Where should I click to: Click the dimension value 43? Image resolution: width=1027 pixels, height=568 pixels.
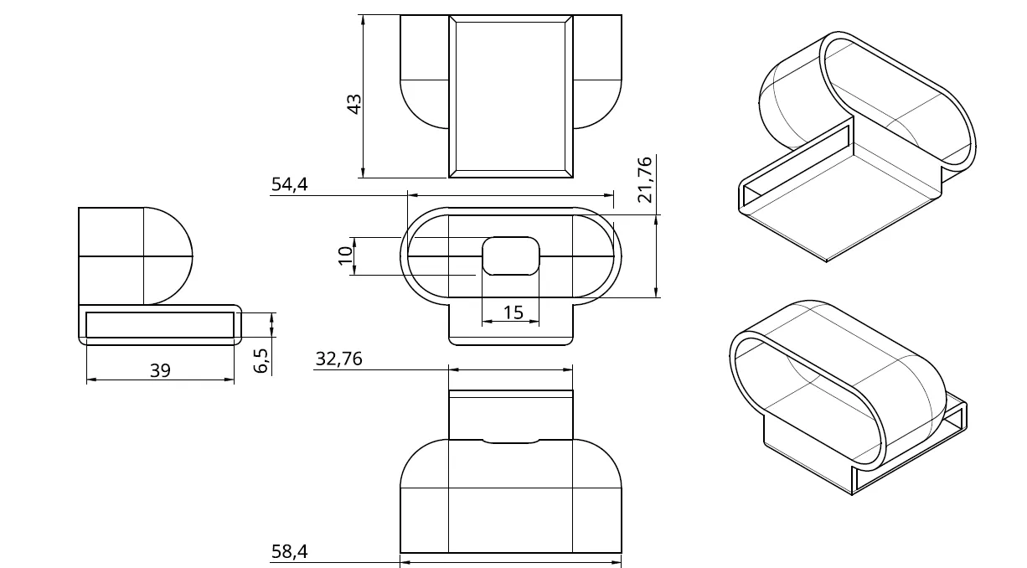coord(354,104)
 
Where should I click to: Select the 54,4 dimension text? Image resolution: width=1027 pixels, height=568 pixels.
coord(290,185)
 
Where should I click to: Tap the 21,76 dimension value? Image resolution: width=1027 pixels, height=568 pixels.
coord(644,180)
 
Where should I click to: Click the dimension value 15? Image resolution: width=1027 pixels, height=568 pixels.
coord(513,312)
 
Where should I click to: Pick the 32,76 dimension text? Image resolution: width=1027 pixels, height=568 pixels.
coord(338,359)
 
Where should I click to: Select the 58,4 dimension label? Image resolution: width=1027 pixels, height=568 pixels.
coord(290,551)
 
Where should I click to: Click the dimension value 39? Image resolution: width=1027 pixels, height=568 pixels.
coord(160,369)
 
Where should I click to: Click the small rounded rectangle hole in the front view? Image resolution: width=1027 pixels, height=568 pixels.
coord(511,256)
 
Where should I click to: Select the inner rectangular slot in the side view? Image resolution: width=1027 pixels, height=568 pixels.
coord(160,325)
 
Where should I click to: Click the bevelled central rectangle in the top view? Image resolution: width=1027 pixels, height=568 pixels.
coord(511,96)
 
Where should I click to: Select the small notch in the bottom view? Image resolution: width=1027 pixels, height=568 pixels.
coord(511,441)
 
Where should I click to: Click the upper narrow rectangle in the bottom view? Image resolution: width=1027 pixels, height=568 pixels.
coord(511,414)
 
